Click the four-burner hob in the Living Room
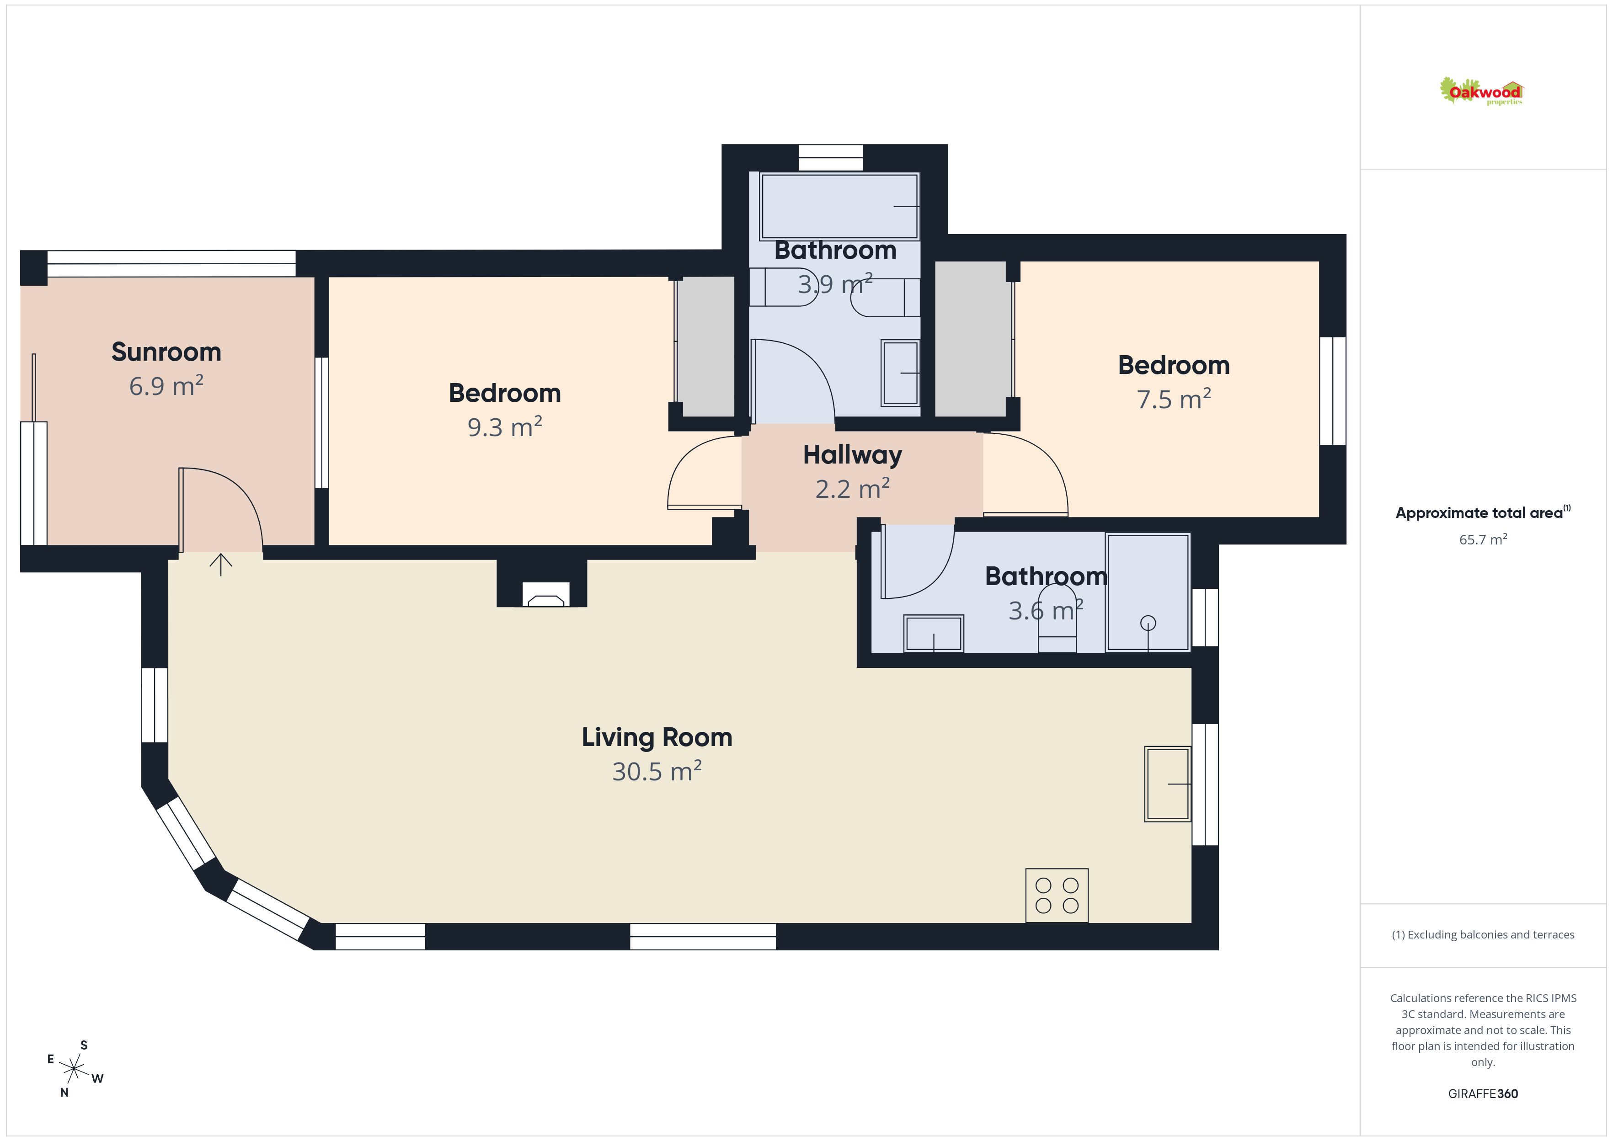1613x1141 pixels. pos(1057,895)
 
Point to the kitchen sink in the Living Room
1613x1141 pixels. pos(1168,784)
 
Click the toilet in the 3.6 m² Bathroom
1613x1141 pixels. pos(1058,618)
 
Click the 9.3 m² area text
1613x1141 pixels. pos(505,427)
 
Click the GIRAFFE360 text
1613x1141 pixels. pos(1483,1093)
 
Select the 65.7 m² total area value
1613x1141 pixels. pos(1483,539)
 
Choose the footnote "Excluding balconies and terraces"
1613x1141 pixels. pos(1483,934)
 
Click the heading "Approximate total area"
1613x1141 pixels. pos(1479,513)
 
